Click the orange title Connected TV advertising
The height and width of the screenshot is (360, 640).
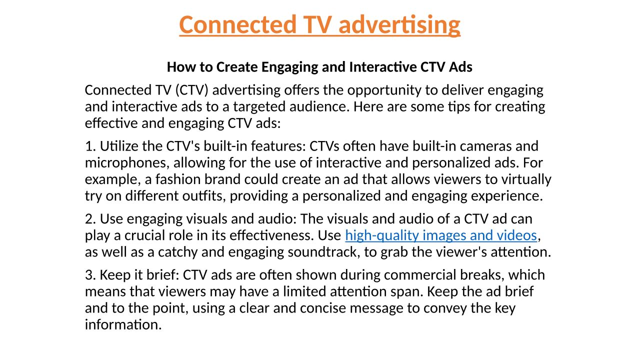coord(319,25)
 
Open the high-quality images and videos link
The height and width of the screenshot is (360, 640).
coord(441,235)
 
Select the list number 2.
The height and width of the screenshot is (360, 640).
coord(90,219)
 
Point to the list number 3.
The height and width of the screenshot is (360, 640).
coord(90,275)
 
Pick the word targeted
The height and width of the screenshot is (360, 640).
coord(259,107)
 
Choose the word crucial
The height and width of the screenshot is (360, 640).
coord(149,235)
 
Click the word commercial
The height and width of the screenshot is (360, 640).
coord(420,275)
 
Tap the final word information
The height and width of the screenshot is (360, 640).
coord(123,325)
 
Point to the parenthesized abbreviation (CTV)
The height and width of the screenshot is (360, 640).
coord(191,90)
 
